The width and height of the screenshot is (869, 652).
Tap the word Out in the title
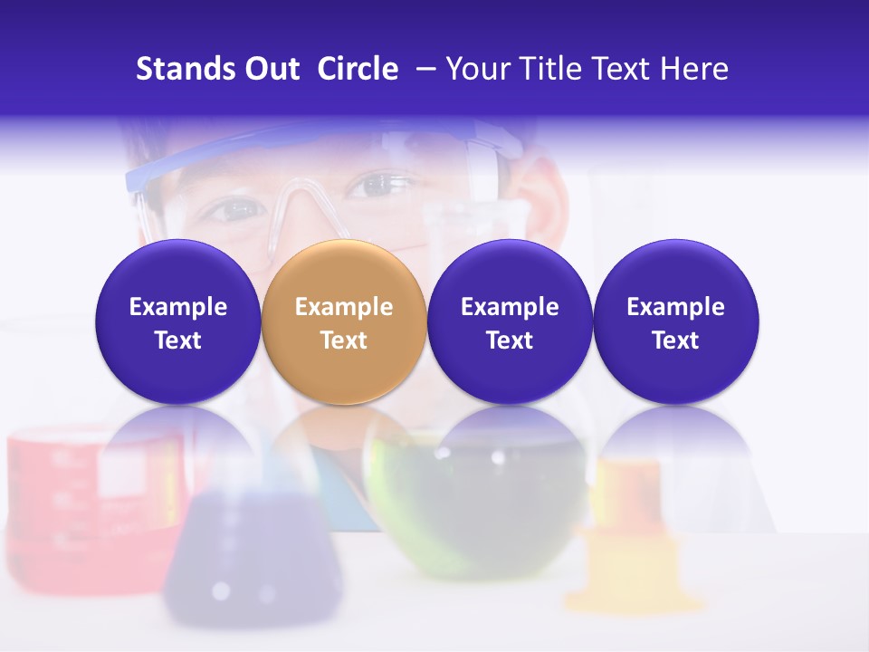[x=270, y=69]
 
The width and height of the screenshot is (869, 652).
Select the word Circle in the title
[x=358, y=69]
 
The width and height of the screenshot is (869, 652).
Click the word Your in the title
[x=478, y=69]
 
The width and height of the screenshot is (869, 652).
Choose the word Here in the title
[x=694, y=69]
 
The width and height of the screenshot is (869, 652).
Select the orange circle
[x=344, y=321]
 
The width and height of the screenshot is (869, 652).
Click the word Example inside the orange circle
[x=344, y=307]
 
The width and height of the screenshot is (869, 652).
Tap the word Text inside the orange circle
[x=344, y=340]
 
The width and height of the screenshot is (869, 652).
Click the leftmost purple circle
[x=178, y=321]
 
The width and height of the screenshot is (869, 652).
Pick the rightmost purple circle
[x=676, y=321]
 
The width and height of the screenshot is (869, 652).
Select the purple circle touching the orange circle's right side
[x=510, y=321]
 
